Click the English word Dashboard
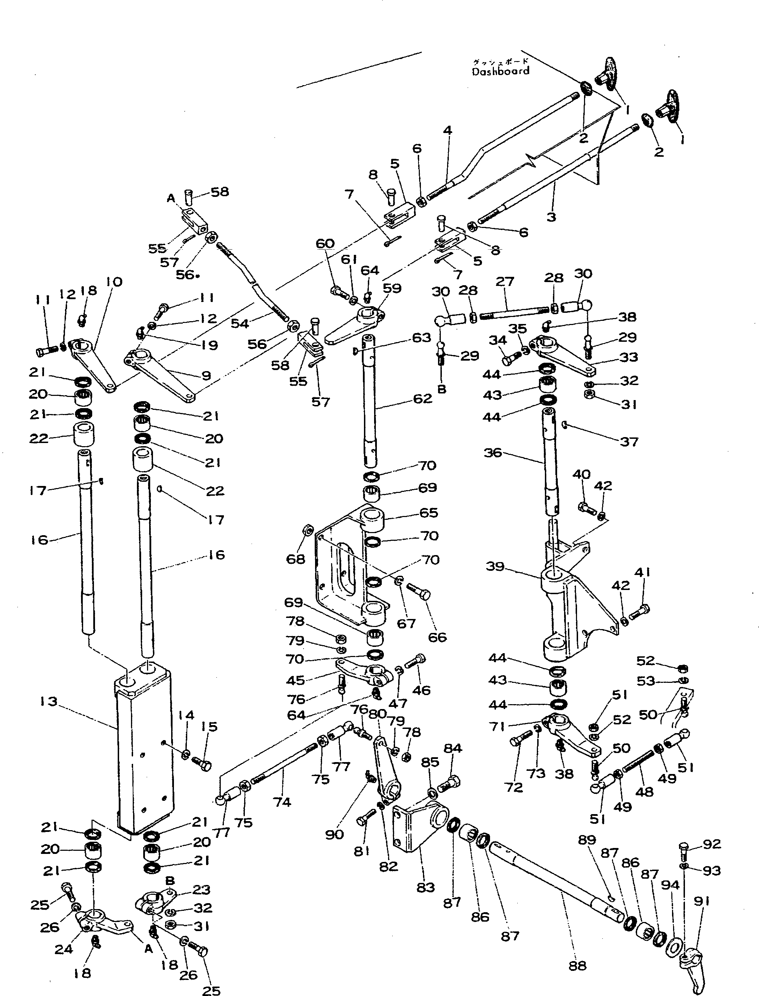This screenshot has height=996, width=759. coord(501,71)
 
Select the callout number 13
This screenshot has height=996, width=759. coord(48,701)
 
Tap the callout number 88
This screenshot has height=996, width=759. coord(577,966)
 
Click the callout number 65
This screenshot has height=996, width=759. coord(428,512)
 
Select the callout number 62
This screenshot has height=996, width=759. coord(422,399)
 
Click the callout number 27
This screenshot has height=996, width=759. coord(505,282)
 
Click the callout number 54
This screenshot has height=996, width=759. coord(240,323)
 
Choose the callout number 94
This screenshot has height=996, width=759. coord(670,885)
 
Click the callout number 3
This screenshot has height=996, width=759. coord(551,217)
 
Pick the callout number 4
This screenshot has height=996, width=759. coord(447,131)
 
